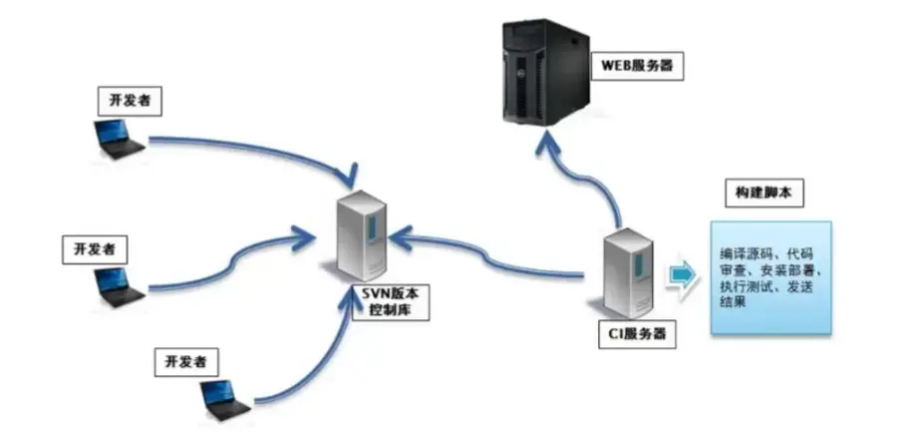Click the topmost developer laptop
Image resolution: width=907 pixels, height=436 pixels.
117,139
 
